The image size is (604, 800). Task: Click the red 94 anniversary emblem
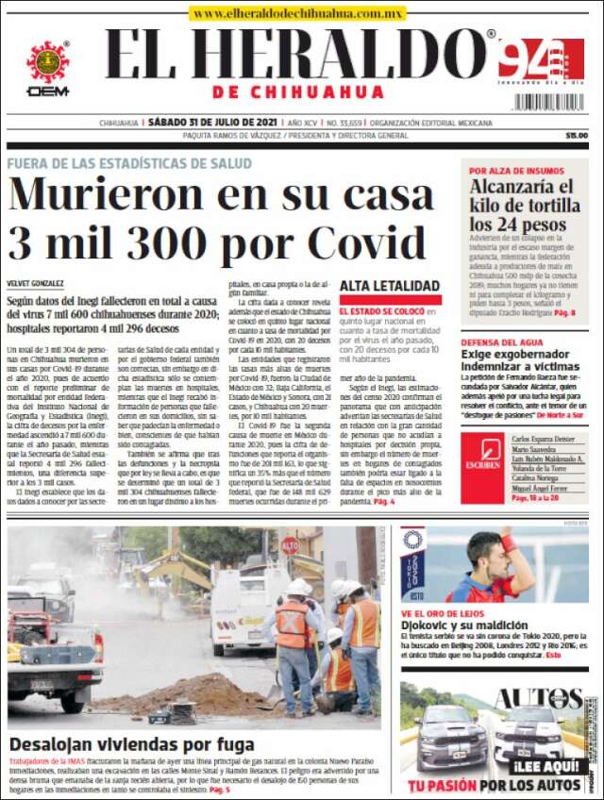pos(540,59)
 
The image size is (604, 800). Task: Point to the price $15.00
pos(576,135)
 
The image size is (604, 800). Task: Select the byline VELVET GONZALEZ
pos(36,283)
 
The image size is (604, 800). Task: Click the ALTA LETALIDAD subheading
pos(390,286)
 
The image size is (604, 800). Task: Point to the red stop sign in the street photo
pos(289,545)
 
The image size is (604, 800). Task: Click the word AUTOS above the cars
pos(529,699)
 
